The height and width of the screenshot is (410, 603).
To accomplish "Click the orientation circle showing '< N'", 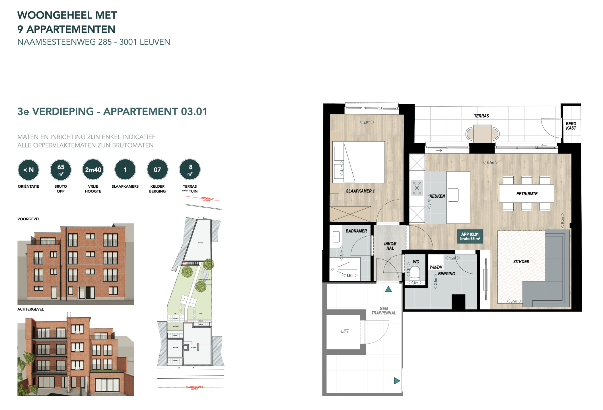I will [28, 170].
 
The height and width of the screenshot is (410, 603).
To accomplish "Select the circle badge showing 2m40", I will [93, 170].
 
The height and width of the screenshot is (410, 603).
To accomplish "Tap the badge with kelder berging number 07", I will [157, 170].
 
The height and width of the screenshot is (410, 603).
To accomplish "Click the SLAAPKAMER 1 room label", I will [360, 191].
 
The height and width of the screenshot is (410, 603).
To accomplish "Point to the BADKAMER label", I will [356, 231].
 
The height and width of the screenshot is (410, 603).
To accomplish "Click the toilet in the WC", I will [415, 272].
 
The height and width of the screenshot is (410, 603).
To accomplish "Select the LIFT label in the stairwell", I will [345, 331].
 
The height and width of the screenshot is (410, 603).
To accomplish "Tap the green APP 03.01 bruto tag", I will [470, 236].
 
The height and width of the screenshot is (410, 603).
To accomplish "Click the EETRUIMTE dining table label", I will [527, 194].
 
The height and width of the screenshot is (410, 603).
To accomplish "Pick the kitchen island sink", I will [453, 195].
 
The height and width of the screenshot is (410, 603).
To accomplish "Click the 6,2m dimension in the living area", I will [490, 163].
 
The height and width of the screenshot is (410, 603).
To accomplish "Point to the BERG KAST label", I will [571, 126].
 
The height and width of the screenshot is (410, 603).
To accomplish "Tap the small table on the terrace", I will [482, 133].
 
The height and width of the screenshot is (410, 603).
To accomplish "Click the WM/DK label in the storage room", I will [436, 267].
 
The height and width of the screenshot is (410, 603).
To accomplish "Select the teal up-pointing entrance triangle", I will [388, 289].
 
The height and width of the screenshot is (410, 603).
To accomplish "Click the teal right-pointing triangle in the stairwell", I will [397, 381].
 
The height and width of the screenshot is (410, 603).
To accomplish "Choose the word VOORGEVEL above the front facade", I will [29, 219].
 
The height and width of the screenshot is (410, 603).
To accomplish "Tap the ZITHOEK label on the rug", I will [521, 261].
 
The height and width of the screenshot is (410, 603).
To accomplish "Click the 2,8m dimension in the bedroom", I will [367, 122].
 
